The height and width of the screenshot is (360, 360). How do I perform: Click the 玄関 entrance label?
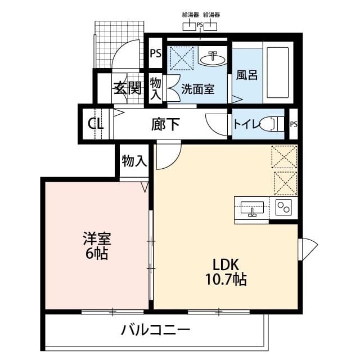[128, 88]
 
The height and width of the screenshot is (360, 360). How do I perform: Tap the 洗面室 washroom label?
[197, 89]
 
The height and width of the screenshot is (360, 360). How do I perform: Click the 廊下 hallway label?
[165, 124]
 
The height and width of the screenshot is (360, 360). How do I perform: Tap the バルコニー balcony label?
[156, 330]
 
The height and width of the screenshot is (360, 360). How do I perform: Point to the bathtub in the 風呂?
[277, 73]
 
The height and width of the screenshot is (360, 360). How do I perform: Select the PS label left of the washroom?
[155, 55]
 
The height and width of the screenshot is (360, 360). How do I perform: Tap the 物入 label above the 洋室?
[134, 161]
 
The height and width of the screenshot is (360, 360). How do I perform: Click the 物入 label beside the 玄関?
[156, 89]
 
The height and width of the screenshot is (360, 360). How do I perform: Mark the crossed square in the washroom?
[182, 57]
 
